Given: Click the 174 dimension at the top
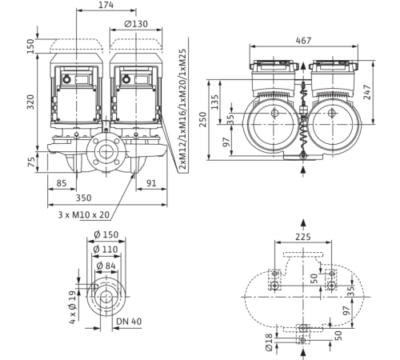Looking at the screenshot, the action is point(106,5).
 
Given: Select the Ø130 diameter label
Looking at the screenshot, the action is point(136,24).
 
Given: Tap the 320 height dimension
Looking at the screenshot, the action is point(31,102).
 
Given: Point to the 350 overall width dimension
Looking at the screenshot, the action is point(84,198).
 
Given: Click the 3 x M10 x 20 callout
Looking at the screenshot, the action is point(84,214).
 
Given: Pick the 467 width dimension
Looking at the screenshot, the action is point(303,41).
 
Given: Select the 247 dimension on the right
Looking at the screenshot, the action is point(367,92).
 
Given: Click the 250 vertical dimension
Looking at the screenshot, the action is point(203,119).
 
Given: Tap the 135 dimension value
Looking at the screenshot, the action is point(214,102).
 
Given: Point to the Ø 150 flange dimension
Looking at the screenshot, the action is point(106,234).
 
